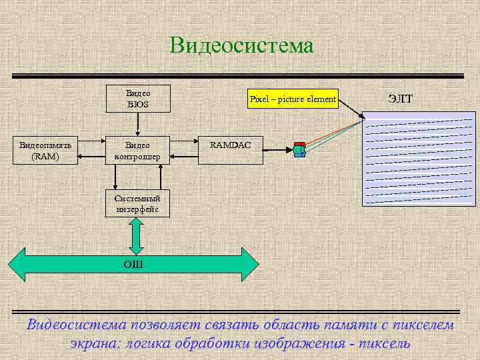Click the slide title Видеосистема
tap(241, 45)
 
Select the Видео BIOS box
tap(138, 99)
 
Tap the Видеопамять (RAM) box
tap(39, 151)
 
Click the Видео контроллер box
tap(138, 151)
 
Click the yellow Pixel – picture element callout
tap(293, 99)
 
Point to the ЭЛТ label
tap(400, 99)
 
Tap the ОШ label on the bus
tap(133, 265)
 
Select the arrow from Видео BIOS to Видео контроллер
tap(137, 125)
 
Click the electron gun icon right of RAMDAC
tap(299, 150)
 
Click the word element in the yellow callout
tap(321, 99)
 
